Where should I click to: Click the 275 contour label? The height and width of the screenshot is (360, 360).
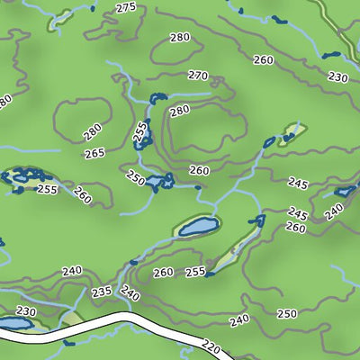coord(126,8)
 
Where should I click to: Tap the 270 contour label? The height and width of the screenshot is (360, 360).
coord(198,76)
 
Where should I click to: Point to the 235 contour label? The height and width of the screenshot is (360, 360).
coord(101,292)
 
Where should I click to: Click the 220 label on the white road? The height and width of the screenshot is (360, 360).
coord(211,346)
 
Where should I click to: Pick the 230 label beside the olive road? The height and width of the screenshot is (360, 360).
coord(337,77)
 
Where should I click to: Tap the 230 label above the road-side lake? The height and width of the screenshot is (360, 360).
coord(26,311)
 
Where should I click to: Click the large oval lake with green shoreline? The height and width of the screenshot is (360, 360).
coord(198,225)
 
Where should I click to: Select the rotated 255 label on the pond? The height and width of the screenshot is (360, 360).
coord(139,134)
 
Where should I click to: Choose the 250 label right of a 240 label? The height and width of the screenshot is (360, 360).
coord(286,313)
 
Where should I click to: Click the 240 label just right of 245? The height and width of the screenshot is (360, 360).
coord(334,211)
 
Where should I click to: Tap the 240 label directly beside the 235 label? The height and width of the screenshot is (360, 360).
coord(130,293)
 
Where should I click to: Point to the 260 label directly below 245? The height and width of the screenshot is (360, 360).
coord(296,228)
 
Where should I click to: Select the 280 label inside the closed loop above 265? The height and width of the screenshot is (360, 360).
coord(92,132)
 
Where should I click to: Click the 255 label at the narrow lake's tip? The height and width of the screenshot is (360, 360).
coord(194,272)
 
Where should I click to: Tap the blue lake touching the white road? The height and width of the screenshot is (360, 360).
coord(13,323)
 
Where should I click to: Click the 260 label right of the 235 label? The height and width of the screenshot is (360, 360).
coord(163,273)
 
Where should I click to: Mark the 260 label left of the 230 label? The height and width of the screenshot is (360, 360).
coord(264,60)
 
